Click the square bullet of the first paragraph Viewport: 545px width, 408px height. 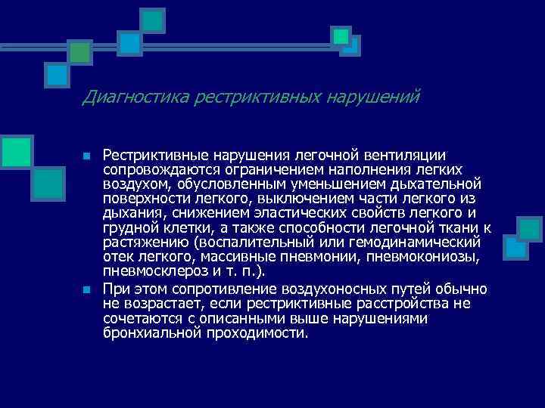(87, 156)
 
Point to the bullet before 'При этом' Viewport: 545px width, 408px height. (87, 290)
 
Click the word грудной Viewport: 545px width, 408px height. (129, 227)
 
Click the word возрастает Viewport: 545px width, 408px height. (159, 304)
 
